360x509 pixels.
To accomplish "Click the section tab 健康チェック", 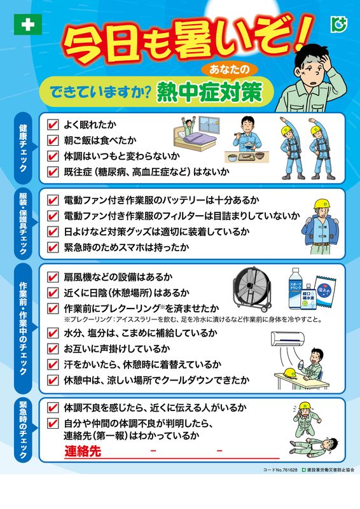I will tap(24, 148).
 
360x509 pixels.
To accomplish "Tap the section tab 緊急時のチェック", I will tap(24, 430).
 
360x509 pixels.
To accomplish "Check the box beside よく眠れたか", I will tap(53, 125).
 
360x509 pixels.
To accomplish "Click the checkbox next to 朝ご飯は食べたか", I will tap(53, 140).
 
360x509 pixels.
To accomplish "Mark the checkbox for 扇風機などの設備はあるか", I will tap(53, 277).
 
